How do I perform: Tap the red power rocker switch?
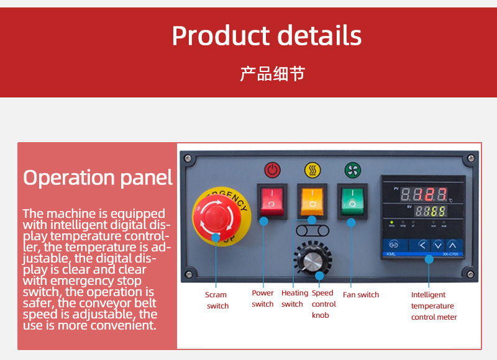[x=271, y=200]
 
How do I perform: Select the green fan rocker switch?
[x=352, y=200]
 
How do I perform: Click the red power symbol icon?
[x=273, y=170]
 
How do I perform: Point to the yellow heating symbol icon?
[x=312, y=170]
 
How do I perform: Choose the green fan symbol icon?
[x=353, y=170]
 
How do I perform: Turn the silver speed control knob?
[x=312, y=259]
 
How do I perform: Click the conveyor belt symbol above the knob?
[x=312, y=231]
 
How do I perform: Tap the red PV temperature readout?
[x=424, y=194]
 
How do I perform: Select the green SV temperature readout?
[x=431, y=211]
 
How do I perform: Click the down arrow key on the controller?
[x=438, y=245]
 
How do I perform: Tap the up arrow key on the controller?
[x=453, y=245]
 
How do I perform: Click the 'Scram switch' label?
[x=216, y=300]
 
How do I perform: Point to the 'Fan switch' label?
[x=361, y=295]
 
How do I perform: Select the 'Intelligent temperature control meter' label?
[x=434, y=306]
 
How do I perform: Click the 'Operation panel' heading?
[x=98, y=178]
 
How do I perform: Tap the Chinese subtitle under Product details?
[x=273, y=74]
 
